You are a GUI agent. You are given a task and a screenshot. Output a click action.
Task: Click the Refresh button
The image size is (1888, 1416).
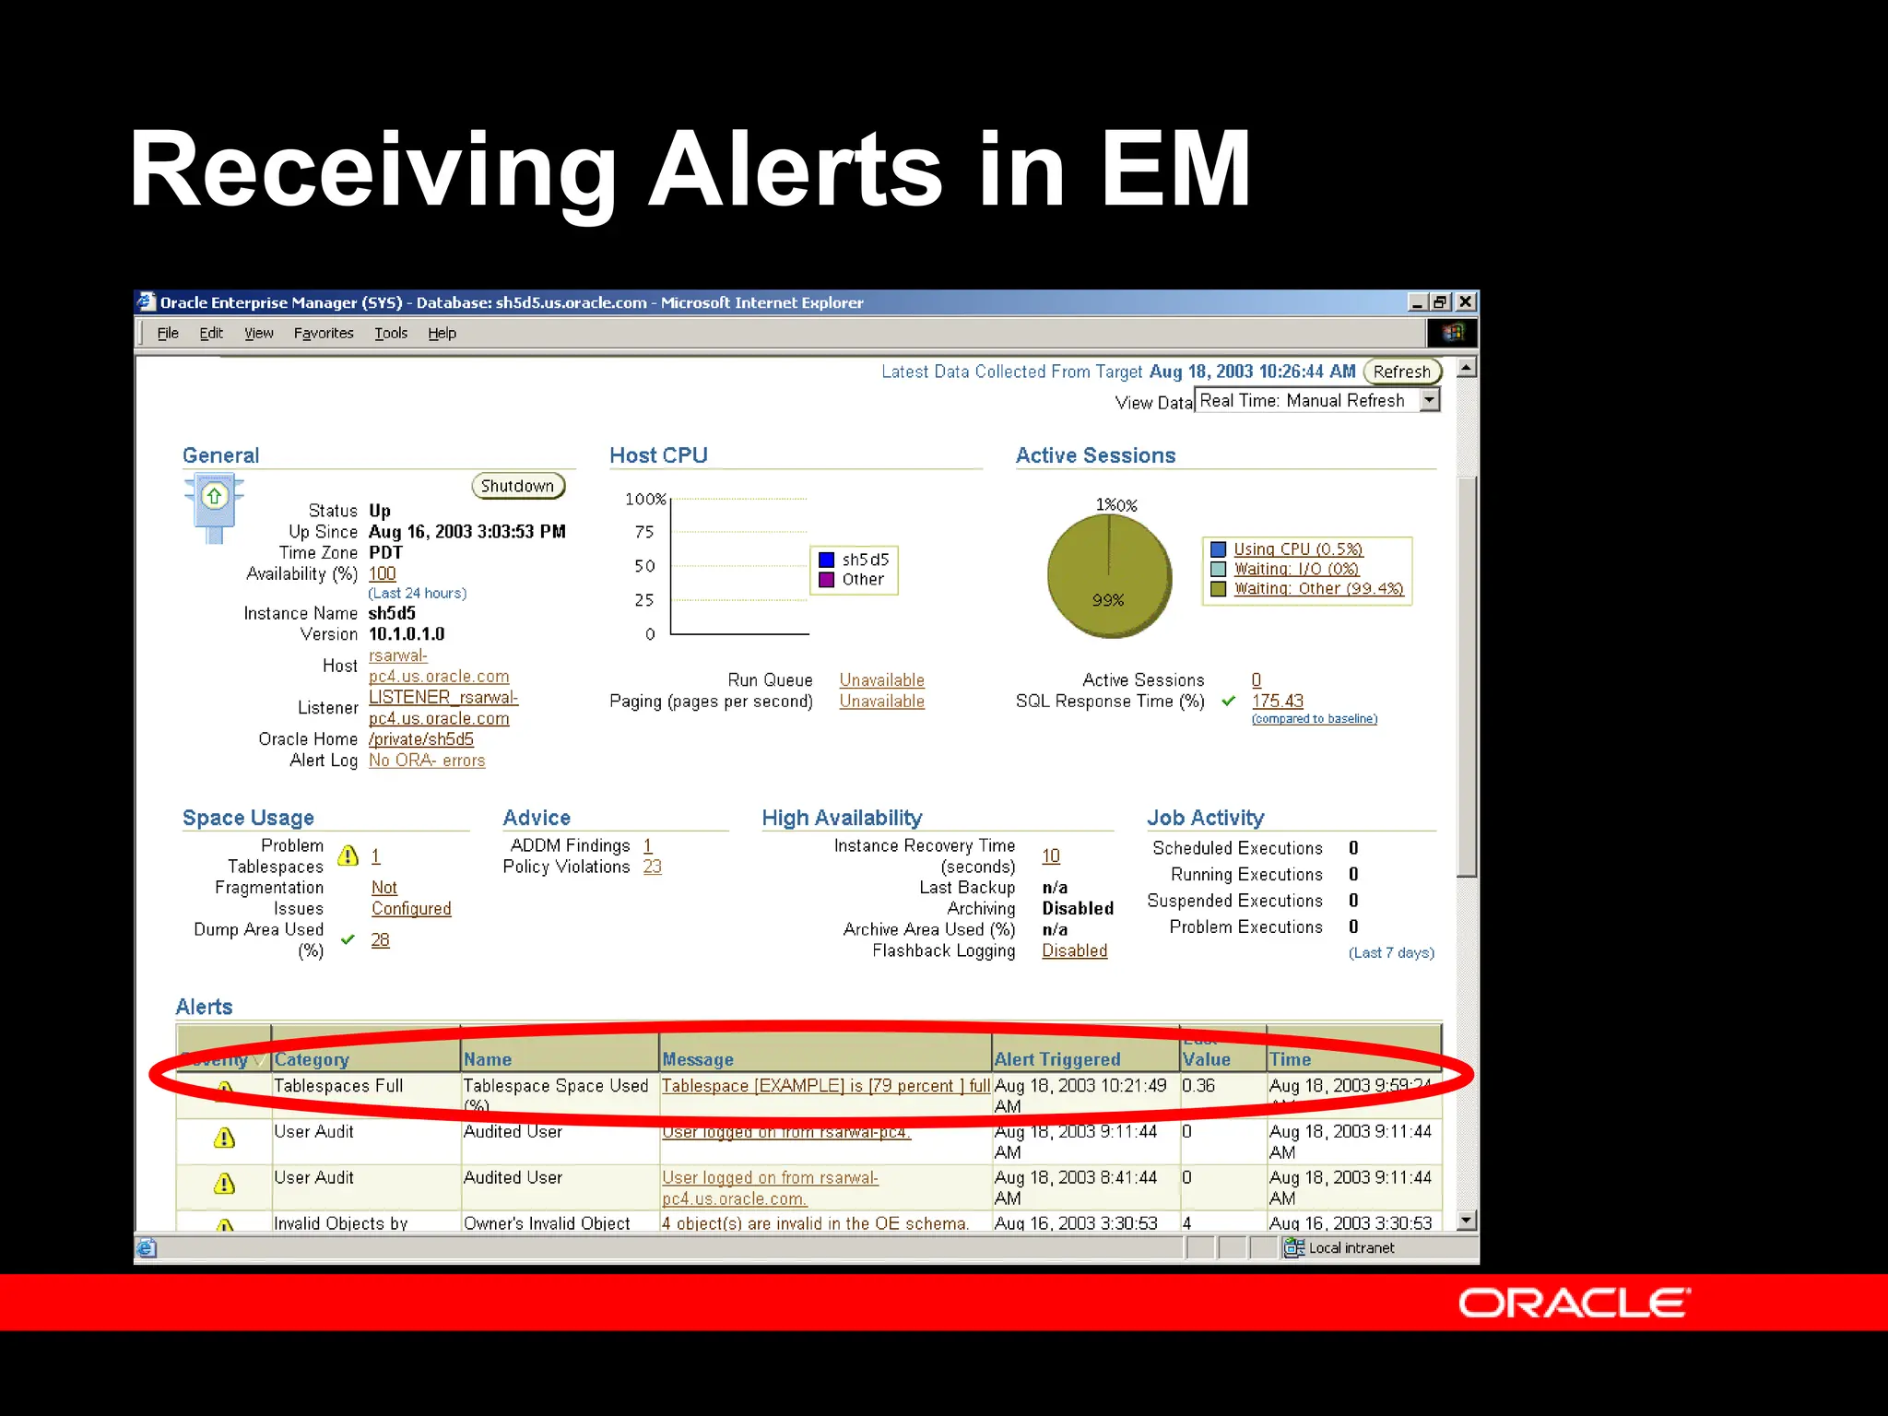point(1401,372)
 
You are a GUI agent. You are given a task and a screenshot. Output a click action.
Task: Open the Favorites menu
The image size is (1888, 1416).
point(324,333)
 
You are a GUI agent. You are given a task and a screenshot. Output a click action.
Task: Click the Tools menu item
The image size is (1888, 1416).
point(391,333)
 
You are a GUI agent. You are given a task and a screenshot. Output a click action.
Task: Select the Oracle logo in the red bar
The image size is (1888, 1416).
point(1574,1304)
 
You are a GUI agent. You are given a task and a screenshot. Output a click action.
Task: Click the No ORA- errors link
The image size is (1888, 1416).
point(427,761)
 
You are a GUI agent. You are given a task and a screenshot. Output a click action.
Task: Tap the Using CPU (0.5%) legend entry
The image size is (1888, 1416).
point(1298,549)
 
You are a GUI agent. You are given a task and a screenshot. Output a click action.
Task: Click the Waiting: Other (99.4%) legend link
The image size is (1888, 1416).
point(1318,588)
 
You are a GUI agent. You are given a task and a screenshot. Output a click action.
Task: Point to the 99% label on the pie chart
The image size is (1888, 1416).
point(1108,600)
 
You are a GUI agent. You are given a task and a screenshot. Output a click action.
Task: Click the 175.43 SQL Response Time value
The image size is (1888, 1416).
point(1277,702)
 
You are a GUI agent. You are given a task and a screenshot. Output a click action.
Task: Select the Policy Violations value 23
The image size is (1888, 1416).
point(652,867)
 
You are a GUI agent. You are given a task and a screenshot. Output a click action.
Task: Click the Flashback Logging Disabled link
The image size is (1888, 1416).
point(1074,950)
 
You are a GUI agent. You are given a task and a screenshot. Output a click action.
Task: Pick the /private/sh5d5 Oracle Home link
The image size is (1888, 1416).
point(421,739)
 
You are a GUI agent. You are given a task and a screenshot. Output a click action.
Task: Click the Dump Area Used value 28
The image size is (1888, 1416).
point(380,940)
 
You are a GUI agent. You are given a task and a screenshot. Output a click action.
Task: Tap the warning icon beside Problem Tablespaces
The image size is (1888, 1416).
point(348,855)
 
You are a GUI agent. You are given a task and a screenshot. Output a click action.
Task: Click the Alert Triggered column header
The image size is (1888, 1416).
point(1057,1059)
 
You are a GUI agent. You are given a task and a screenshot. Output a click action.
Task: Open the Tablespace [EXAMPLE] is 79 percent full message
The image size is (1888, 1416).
point(825,1086)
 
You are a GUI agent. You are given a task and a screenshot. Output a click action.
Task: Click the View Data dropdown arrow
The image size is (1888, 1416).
point(1429,400)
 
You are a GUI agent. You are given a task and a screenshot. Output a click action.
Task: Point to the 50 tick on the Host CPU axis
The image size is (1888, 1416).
point(644,566)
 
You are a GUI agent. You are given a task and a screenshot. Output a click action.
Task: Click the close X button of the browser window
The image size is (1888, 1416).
point(1465,302)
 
